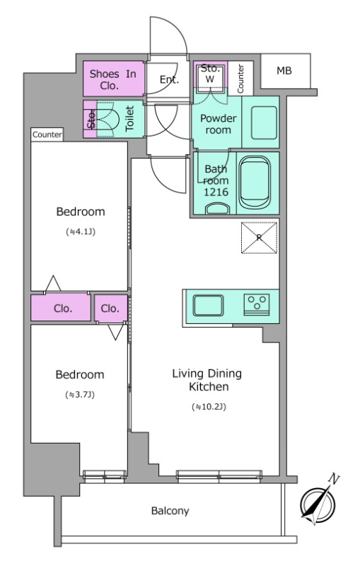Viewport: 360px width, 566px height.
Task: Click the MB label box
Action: tap(285, 71)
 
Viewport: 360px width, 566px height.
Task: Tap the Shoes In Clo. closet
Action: tap(114, 79)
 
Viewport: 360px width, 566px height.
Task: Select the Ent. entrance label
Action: tap(169, 79)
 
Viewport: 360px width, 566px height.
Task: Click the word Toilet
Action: tap(129, 118)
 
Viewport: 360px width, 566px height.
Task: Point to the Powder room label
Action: tap(219, 124)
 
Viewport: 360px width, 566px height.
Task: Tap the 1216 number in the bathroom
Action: tap(216, 192)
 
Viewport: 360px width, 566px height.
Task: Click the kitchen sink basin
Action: tap(208, 306)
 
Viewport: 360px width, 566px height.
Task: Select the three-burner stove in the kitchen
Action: tap(257, 305)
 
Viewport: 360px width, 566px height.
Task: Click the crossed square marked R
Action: tap(259, 238)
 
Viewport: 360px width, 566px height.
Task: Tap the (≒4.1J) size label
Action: tap(81, 232)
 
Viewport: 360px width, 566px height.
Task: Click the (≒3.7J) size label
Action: tap(80, 395)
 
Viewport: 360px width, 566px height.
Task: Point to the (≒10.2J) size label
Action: tap(209, 408)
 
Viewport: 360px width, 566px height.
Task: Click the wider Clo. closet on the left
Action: tap(61, 308)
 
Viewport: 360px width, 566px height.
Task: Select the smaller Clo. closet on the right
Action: tap(111, 308)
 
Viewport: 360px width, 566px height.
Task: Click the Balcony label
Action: tap(170, 511)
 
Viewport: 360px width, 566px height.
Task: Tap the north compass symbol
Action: tap(319, 502)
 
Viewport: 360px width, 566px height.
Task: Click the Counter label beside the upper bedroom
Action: tap(47, 134)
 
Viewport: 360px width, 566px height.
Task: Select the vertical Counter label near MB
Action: tap(240, 79)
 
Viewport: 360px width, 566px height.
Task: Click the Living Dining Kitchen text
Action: tap(207, 380)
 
